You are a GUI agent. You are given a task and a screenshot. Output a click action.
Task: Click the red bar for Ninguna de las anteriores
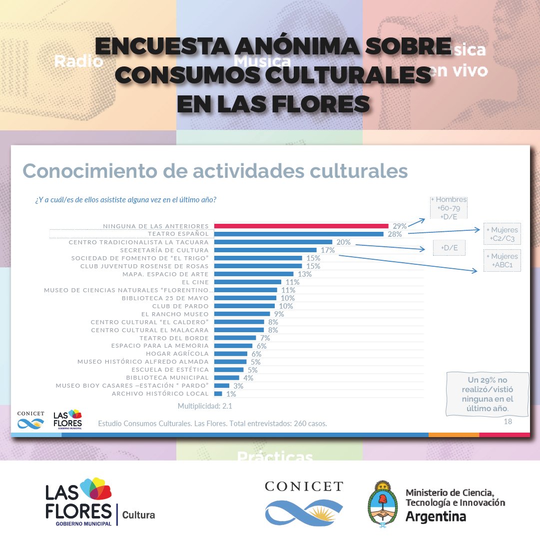tap(301, 226)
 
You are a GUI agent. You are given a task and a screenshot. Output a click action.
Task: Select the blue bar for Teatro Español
tap(298, 234)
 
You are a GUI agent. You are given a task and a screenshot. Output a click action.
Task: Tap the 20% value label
tap(344, 242)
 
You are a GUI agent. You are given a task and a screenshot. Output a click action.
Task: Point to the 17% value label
tap(328, 250)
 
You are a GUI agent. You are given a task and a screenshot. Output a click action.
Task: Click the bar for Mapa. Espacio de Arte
tap(253, 274)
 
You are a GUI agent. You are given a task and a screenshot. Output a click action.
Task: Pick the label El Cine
tap(195, 282)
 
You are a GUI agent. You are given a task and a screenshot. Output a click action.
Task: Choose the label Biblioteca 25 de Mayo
tap(165, 298)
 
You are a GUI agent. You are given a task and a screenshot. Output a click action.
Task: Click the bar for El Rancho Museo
tap(242, 314)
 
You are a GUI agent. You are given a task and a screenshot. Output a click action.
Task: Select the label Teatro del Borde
tap(174, 338)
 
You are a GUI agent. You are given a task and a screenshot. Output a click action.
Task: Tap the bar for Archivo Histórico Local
tap(218, 394)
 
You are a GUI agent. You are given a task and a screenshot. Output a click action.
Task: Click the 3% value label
tap(238, 386)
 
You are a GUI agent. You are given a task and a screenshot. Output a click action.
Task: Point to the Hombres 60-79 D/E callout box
tap(449, 207)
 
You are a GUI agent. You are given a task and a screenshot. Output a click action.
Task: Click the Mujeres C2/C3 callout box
tap(502, 234)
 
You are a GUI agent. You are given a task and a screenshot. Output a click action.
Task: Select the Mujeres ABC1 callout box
tap(502, 260)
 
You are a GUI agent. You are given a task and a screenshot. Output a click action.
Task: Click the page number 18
tap(508, 422)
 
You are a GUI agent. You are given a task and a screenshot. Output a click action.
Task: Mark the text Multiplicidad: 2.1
tap(205, 406)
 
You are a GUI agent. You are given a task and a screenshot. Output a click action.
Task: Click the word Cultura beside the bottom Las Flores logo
tap(138, 515)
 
